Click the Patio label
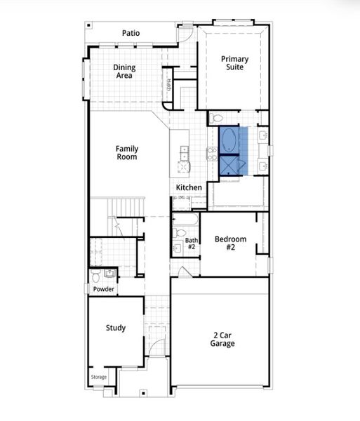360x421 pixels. pyautogui.click(x=131, y=33)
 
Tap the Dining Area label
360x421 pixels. pyautogui.click(x=125, y=72)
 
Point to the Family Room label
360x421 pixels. pyautogui.click(x=127, y=153)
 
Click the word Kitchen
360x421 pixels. pyautogui.click(x=189, y=187)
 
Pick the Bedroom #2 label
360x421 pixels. pyautogui.click(x=230, y=243)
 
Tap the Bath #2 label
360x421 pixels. pyautogui.click(x=191, y=244)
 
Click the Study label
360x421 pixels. pyautogui.click(x=116, y=328)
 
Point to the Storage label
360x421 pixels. pyautogui.click(x=99, y=377)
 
